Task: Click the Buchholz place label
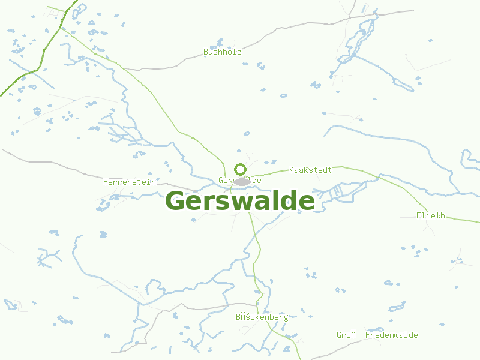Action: [223, 52]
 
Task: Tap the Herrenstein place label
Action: [129, 182]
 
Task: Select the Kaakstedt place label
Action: [310, 170]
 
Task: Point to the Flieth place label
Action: [431, 215]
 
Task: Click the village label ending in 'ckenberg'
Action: [262, 317]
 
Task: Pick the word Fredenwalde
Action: [392, 335]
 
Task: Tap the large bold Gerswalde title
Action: [239, 201]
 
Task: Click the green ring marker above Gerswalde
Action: [240, 169]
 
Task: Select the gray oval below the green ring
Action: [242, 182]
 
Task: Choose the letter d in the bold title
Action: [287, 201]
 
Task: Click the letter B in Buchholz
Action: [206, 52]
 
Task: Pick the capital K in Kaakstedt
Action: [292, 170]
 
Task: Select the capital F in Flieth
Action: [419, 215]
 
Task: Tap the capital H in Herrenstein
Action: [106, 182]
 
